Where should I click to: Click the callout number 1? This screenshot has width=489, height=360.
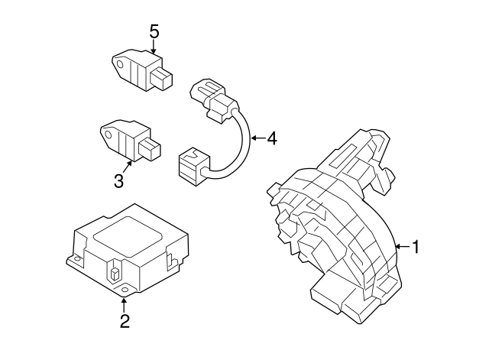click(x=416, y=247)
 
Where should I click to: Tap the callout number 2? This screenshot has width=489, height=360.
click(x=125, y=321)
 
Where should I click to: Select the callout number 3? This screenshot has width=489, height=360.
click(x=119, y=180)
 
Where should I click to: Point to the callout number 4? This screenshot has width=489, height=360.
click(x=272, y=138)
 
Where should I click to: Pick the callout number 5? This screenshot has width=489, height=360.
click(x=154, y=31)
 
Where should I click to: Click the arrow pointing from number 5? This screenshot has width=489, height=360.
click(x=154, y=47)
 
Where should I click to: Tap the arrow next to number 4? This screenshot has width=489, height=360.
click(x=258, y=138)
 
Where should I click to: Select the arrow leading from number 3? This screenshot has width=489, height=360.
click(x=127, y=167)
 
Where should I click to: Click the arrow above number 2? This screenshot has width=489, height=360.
click(x=124, y=306)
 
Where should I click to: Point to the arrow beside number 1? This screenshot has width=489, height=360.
click(x=403, y=246)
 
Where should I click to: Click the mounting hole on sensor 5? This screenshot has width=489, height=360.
click(x=120, y=64)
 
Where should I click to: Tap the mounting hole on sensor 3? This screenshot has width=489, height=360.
click(x=108, y=135)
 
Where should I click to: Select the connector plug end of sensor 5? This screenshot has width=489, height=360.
click(x=161, y=79)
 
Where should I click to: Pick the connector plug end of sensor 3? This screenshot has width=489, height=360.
click(x=150, y=149)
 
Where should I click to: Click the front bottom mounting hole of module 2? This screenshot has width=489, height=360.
click(x=125, y=290)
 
